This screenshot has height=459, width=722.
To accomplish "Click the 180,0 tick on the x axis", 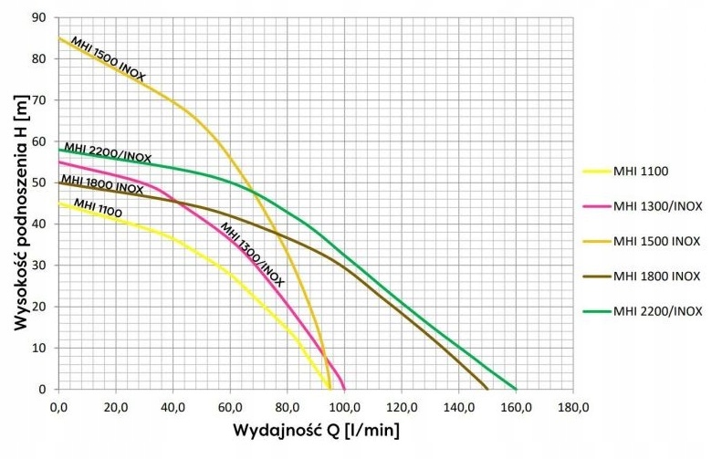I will click(572, 406).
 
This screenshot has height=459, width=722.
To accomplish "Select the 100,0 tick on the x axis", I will click(344, 406).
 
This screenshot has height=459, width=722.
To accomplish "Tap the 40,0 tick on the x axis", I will click(173, 406).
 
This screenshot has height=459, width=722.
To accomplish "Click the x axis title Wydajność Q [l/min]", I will click(316, 430).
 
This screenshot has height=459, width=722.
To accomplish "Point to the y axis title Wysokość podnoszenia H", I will click(18, 203).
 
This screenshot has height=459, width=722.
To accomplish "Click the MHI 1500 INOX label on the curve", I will click(108, 59).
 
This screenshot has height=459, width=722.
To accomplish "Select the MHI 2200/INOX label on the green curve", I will click(108, 152).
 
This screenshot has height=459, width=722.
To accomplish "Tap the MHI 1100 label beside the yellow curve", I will click(98, 208).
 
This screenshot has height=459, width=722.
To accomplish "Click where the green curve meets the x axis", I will click(516, 389).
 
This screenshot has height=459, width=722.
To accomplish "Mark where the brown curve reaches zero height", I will click(487, 389).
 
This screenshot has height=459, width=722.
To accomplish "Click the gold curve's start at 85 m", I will click(59, 38).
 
